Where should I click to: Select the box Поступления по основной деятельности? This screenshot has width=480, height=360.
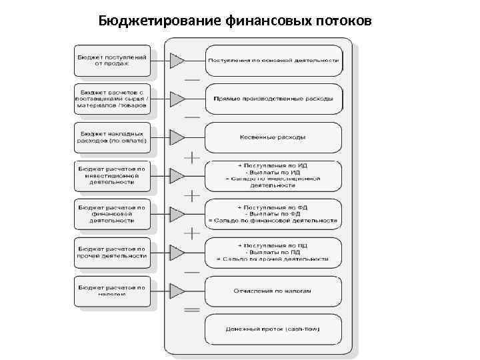(274, 60)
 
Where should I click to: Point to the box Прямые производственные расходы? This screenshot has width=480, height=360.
(274, 99)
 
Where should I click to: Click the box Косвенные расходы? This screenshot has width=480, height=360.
(274, 137)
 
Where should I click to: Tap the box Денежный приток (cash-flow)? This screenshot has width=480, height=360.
(274, 329)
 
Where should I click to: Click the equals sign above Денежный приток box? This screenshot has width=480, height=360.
(192, 310)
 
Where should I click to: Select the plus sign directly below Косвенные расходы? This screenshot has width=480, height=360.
(192, 158)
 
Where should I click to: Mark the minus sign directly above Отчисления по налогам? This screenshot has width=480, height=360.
(192, 272)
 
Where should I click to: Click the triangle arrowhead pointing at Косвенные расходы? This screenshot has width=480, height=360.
(177, 137)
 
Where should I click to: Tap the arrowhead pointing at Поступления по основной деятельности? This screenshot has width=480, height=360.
(177, 61)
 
